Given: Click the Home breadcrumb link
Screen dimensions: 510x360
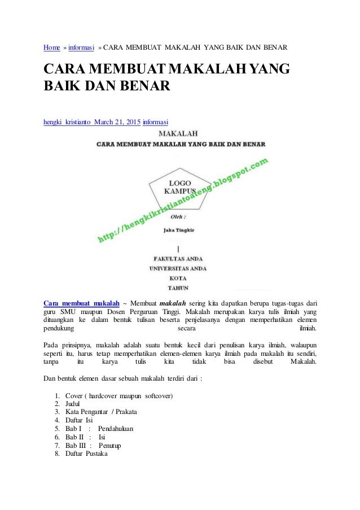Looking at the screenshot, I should [x=52, y=45].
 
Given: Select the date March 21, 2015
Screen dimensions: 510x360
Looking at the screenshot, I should [x=117, y=121].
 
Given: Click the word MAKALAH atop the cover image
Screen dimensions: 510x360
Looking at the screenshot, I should [x=178, y=134].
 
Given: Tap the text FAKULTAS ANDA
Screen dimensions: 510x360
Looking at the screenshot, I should [x=179, y=259].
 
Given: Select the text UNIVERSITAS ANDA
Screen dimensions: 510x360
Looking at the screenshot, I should [x=178, y=269].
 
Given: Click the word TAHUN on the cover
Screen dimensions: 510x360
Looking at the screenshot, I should [x=178, y=287].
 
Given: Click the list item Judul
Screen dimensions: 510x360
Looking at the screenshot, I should [x=73, y=403].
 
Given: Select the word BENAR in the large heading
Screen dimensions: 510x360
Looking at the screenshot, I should [x=142, y=88].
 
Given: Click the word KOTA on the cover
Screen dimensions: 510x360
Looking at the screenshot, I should [x=178, y=278].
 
